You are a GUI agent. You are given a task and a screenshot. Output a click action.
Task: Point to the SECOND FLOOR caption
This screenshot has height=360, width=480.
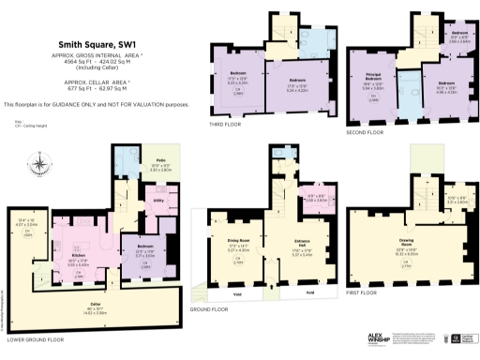[367, 132]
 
